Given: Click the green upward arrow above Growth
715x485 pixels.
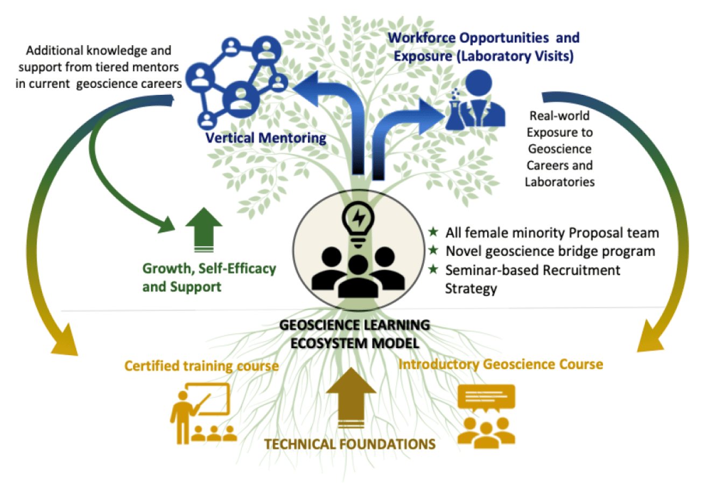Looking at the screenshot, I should tap(204, 229).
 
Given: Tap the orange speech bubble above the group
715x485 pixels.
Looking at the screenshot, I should tap(486, 397).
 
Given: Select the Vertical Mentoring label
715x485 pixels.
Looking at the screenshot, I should tap(265, 138).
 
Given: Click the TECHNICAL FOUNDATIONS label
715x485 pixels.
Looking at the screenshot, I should tap(350, 444).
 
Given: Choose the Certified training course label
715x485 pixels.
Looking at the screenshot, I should tap(201, 366).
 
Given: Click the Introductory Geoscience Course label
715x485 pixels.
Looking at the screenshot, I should tap(500, 364).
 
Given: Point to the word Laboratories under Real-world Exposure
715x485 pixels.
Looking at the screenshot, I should tap(560, 182).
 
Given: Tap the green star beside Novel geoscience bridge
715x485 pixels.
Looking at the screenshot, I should tap(433, 251).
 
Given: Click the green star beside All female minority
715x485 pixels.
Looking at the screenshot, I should tap(433, 232).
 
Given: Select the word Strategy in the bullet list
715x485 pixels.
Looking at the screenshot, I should tap(471, 289).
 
